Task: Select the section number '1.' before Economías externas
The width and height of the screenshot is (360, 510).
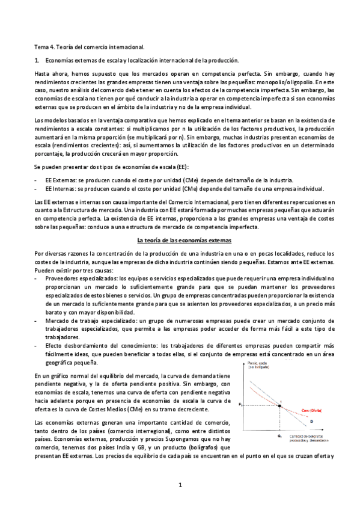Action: tap(37, 60)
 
